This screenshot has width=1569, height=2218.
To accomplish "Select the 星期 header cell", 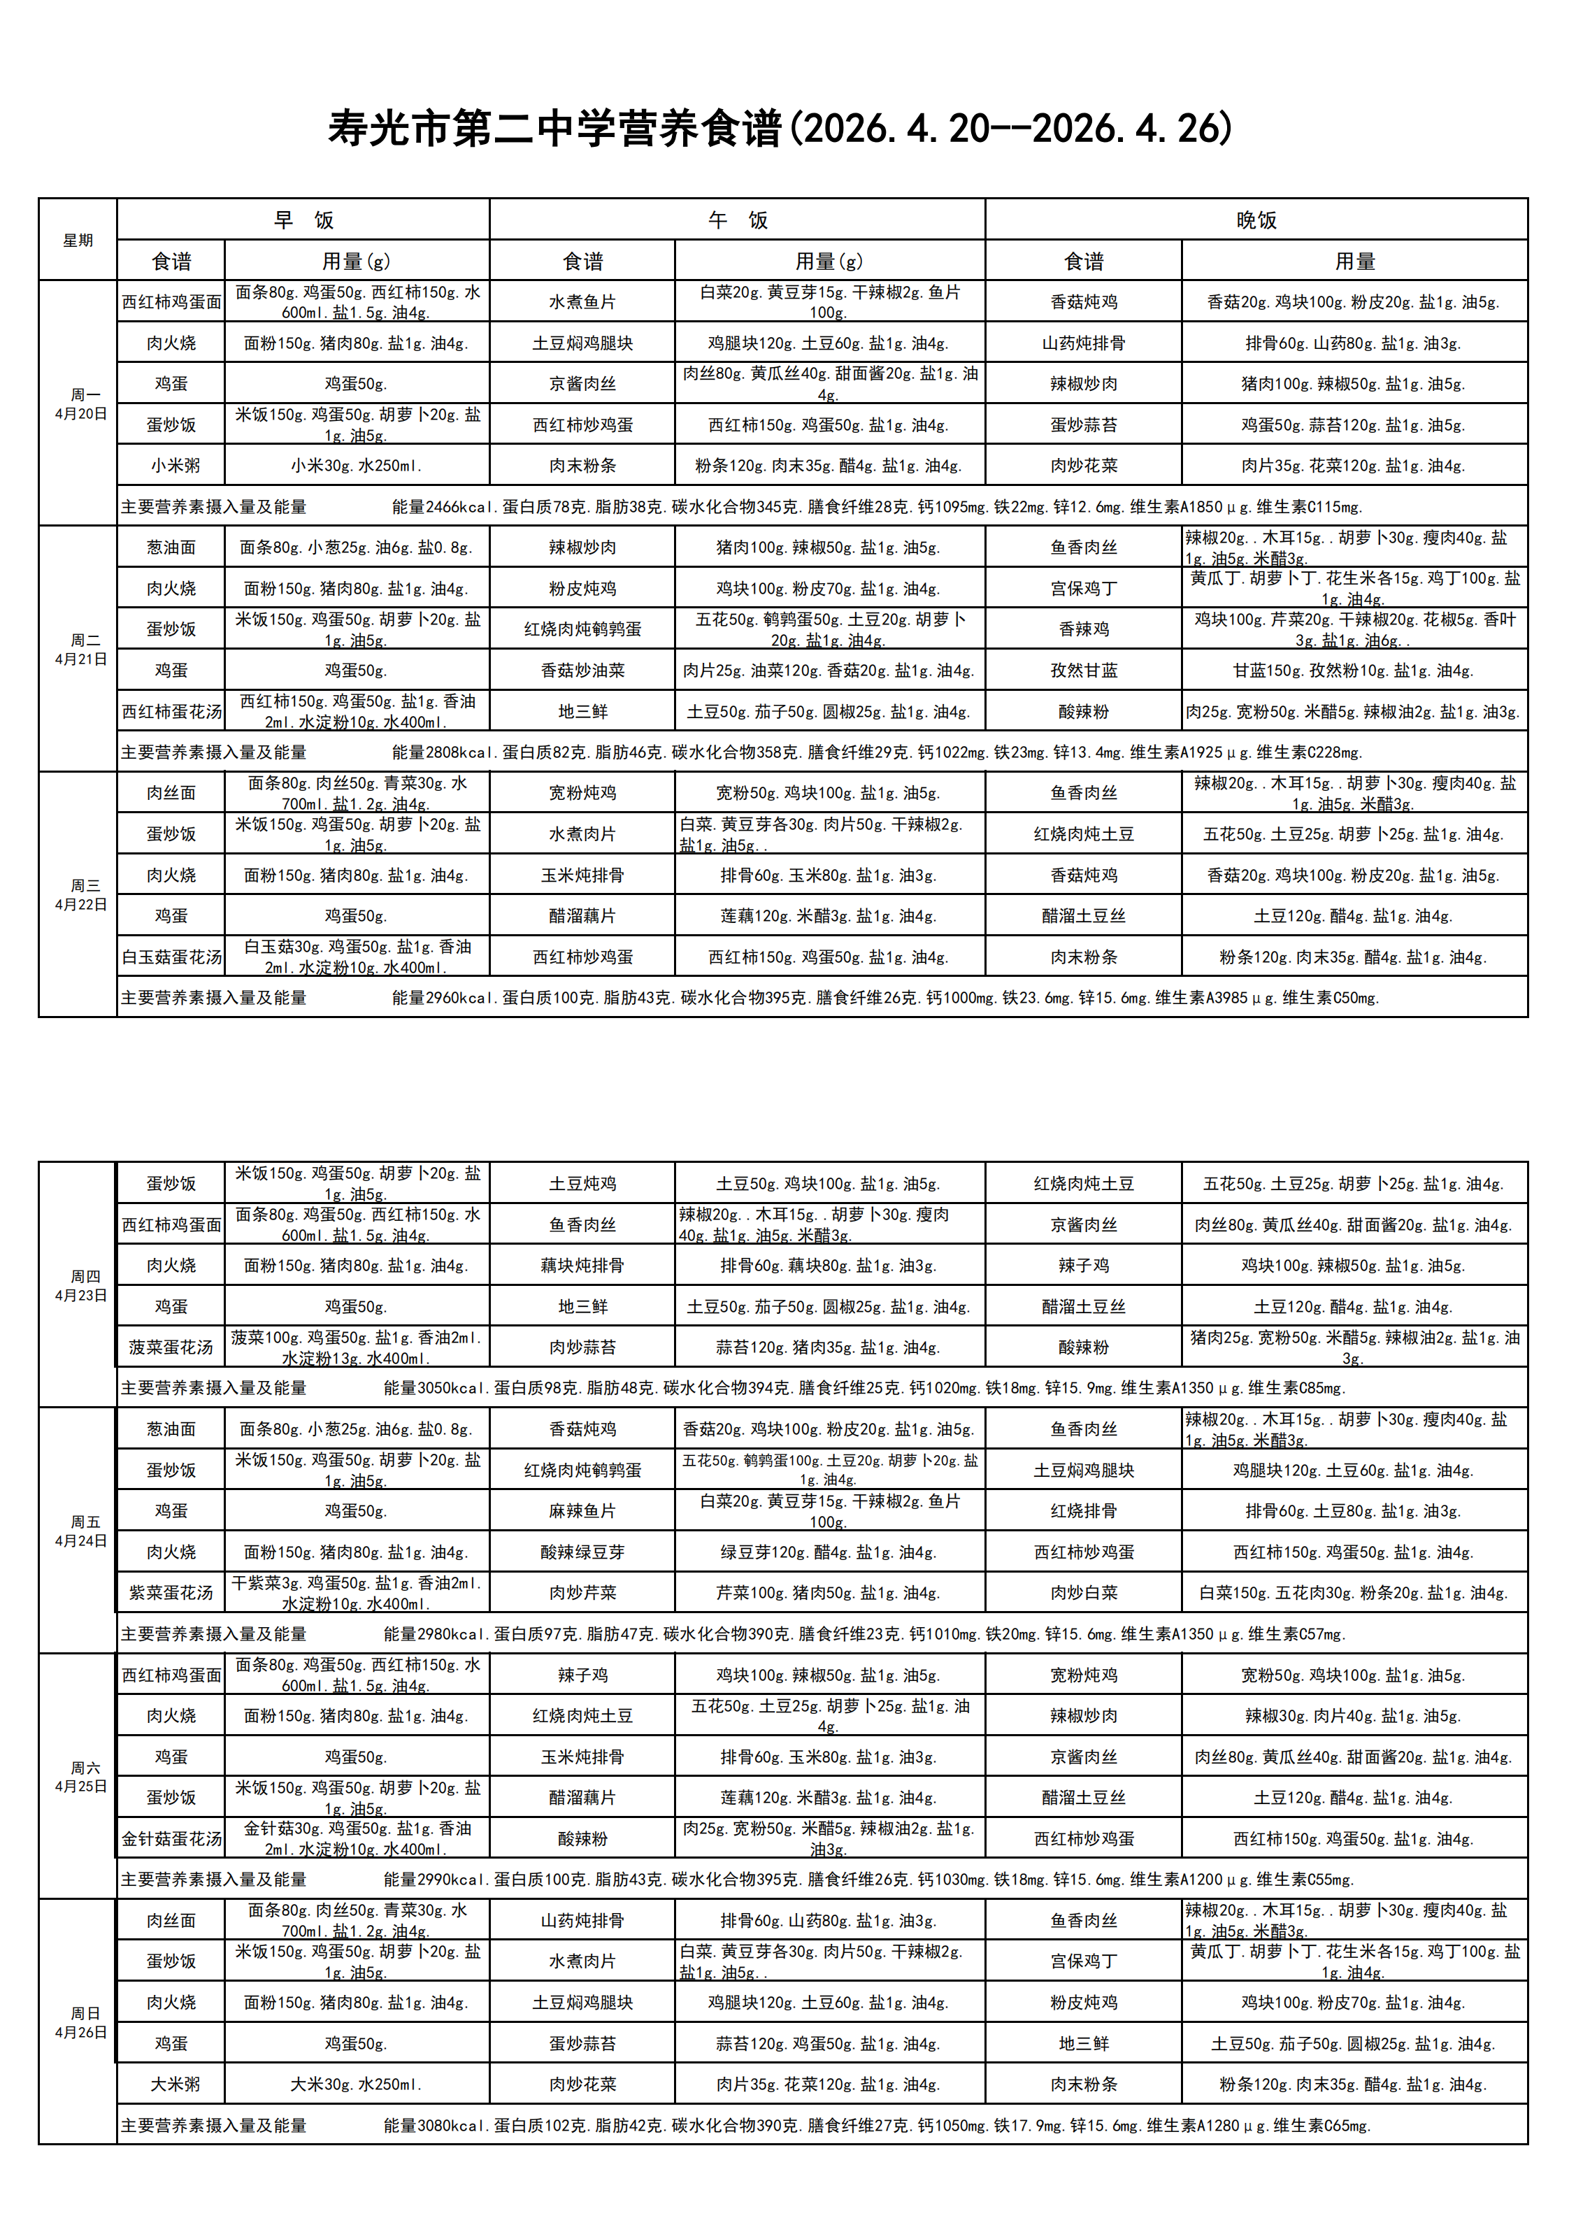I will click(x=78, y=241).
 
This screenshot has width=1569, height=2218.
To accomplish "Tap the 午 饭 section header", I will click(x=737, y=220).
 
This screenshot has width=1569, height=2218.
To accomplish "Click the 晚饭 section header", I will click(x=1256, y=220).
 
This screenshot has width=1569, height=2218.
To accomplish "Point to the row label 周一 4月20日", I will click(x=81, y=403).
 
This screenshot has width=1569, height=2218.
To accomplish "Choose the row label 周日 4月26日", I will click(x=81, y=2023).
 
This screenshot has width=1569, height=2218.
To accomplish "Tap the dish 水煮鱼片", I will click(x=582, y=301).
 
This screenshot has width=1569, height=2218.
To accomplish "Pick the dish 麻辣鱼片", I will click(x=582, y=1511).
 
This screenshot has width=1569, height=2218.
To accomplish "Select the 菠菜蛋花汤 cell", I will click(x=171, y=1347).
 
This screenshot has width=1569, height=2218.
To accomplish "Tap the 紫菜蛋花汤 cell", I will click(x=171, y=1592).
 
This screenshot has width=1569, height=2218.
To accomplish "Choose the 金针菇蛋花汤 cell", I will click(x=171, y=1838).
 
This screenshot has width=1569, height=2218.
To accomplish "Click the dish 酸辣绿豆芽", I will click(x=582, y=1552).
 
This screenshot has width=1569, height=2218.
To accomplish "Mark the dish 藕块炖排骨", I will click(x=582, y=1266).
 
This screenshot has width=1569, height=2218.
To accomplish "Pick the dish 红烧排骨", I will click(x=1084, y=1511).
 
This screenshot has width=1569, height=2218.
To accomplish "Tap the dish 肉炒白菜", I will click(x=1084, y=1592).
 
